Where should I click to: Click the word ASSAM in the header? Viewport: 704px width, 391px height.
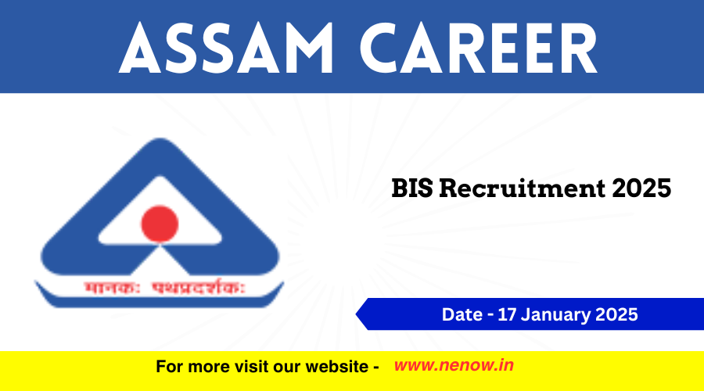226,48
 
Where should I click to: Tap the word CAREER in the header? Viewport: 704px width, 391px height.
479,48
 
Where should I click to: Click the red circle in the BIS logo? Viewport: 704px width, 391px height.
160,224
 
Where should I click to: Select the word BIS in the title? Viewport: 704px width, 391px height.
412,188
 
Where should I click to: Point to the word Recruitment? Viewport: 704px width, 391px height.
522,188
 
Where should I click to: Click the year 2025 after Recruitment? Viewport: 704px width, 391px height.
641,188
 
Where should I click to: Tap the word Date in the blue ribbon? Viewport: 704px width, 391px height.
462,314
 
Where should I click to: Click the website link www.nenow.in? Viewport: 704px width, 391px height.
454,365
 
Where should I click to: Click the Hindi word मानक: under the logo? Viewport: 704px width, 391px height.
112,288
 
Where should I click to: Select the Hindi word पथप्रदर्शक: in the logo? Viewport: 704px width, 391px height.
199,288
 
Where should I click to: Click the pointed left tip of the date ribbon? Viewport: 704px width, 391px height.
356,314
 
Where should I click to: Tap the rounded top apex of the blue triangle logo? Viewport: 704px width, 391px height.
160,138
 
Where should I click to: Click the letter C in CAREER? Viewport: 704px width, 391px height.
382,48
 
